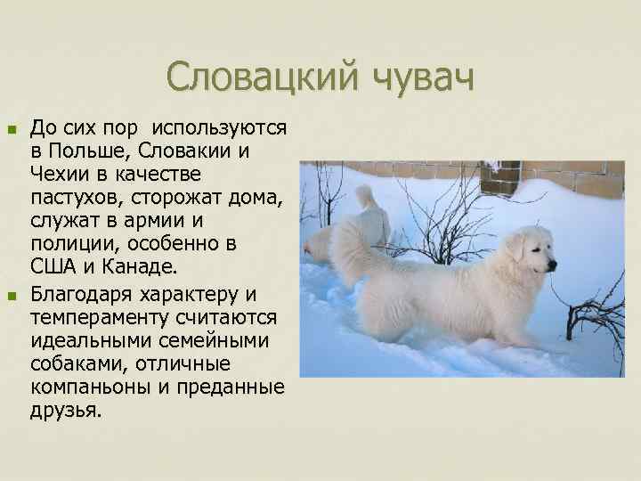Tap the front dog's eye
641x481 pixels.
point(537,252)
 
